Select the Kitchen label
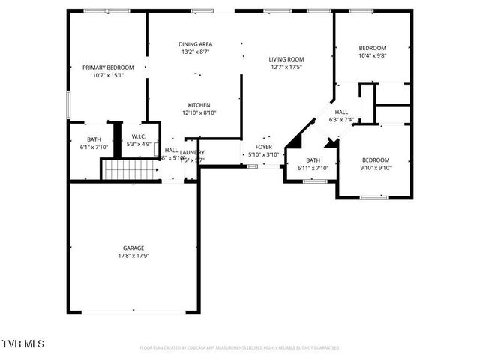199,105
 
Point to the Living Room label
286,59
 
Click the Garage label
133,247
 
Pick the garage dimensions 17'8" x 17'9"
133,256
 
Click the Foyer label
263,147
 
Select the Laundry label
192,153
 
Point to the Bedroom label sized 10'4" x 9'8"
372,48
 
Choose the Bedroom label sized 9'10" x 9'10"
376,160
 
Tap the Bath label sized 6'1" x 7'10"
94,139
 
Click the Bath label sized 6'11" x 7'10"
313,160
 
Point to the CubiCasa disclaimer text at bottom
239,348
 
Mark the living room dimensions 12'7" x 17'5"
286,67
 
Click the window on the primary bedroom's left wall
68,104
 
